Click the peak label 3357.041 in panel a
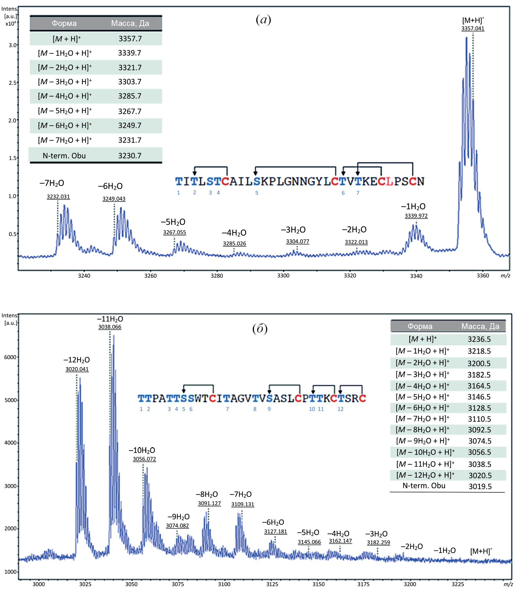coord(473,29)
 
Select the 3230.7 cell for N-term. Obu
coord(130,156)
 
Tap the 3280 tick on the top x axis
coord(217,275)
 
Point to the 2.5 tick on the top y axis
coord(12,83)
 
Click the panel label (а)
coord(263,20)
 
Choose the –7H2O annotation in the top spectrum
coord(52,183)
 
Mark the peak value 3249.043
coord(114,199)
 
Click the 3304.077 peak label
coord(298,242)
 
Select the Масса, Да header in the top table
coord(130,23)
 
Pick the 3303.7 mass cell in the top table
coord(130,82)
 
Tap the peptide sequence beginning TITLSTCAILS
coord(300,181)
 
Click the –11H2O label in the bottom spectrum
coord(110,319)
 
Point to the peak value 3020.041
coord(77,369)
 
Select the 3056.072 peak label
coord(144,459)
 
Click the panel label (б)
coord(260,329)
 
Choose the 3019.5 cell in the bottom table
coord(480,487)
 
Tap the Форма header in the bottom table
coord(420,326)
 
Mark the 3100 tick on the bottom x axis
coord(224,584)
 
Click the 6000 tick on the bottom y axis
coord(10,357)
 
